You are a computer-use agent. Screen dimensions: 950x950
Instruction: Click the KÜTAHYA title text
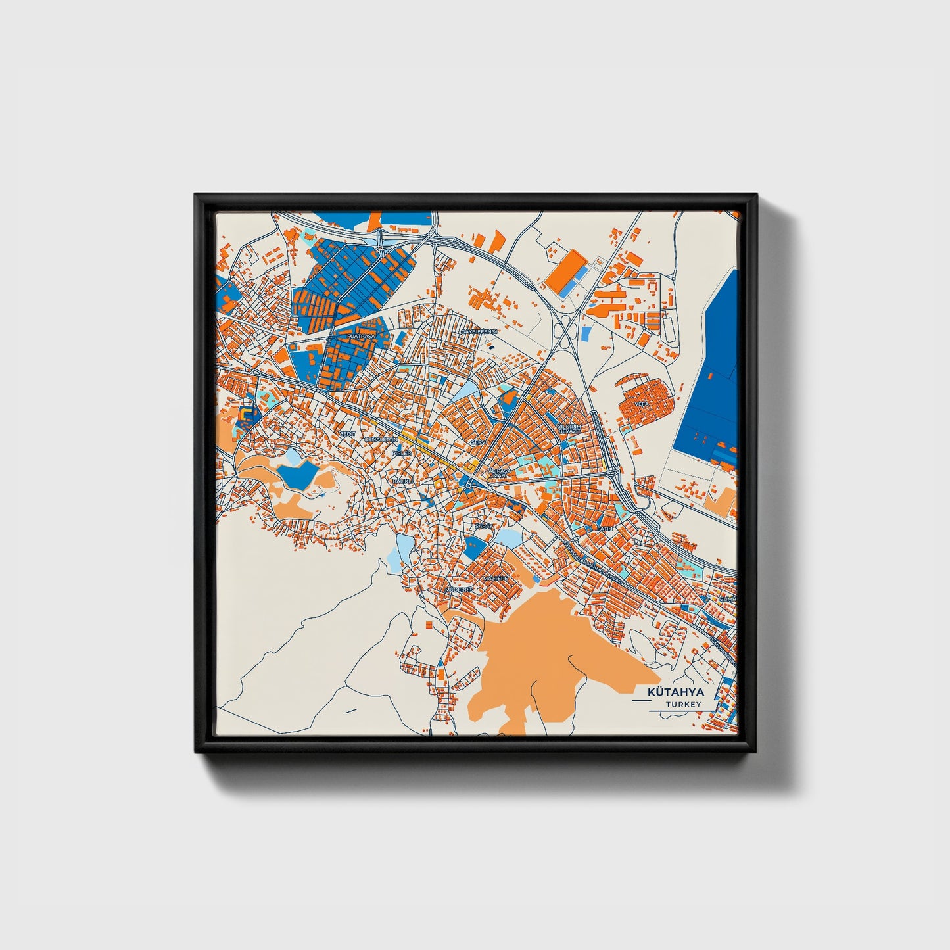coord(675,692)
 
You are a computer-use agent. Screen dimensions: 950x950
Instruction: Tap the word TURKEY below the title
coord(682,704)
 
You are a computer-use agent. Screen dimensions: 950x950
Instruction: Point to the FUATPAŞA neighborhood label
coord(360,336)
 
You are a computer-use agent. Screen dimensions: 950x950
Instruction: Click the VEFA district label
coord(642,403)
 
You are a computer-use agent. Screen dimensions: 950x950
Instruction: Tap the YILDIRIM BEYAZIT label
coord(570,429)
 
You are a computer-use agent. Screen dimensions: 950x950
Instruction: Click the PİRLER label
coord(401,453)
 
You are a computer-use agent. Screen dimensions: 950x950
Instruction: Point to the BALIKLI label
coord(402,481)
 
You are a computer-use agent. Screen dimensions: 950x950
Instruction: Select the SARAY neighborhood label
coord(483,527)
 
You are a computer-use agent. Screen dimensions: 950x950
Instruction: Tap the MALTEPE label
coord(496,578)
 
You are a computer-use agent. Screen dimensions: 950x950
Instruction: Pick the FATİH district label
coord(604,529)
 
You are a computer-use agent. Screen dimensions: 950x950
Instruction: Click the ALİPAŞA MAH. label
coord(498,473)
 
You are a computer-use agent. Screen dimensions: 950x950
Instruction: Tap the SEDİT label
coord(346,435)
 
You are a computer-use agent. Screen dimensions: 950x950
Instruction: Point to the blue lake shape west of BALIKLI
coord(296,475)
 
